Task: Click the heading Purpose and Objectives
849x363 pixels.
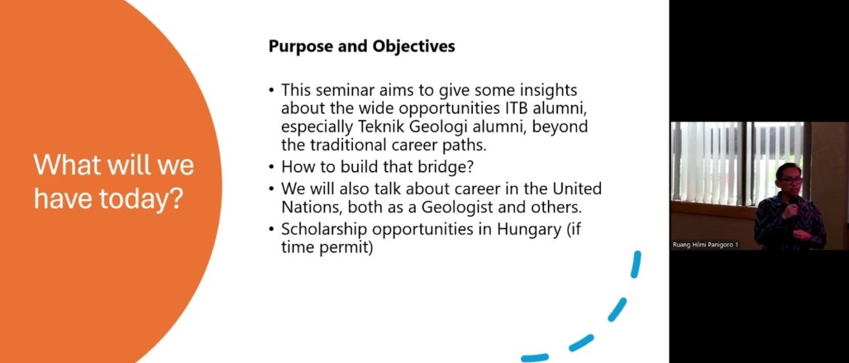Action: (x=362, y=46)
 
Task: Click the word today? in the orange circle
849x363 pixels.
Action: (x=145, y=200)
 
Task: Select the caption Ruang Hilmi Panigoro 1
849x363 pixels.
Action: (x=705, y=245)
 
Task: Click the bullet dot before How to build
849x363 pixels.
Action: (x=271, y=167)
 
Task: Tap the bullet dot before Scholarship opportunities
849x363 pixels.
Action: (x=271, y=230)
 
